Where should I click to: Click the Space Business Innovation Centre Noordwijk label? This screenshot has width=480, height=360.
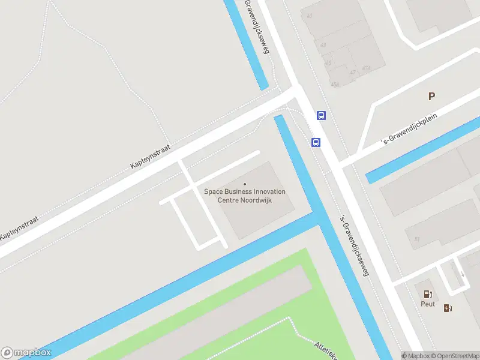(245, 196)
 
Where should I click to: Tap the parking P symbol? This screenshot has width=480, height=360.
(431, 96)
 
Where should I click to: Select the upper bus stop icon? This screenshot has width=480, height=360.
(322, 116)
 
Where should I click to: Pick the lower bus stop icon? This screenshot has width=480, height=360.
(316, 142)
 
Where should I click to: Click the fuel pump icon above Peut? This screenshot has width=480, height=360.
(428, 294)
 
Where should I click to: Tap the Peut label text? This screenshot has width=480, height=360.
(427, 304)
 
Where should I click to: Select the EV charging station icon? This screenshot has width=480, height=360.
(448, 308)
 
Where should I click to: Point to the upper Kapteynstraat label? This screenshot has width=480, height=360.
(151, 155)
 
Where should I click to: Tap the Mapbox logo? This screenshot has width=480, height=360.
(26, 353)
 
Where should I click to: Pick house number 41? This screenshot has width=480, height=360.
(310, 17)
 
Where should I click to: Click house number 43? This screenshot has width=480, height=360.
(323, 46)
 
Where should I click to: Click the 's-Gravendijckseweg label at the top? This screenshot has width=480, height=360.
(257, 26)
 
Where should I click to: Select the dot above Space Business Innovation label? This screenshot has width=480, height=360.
(244, 184)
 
